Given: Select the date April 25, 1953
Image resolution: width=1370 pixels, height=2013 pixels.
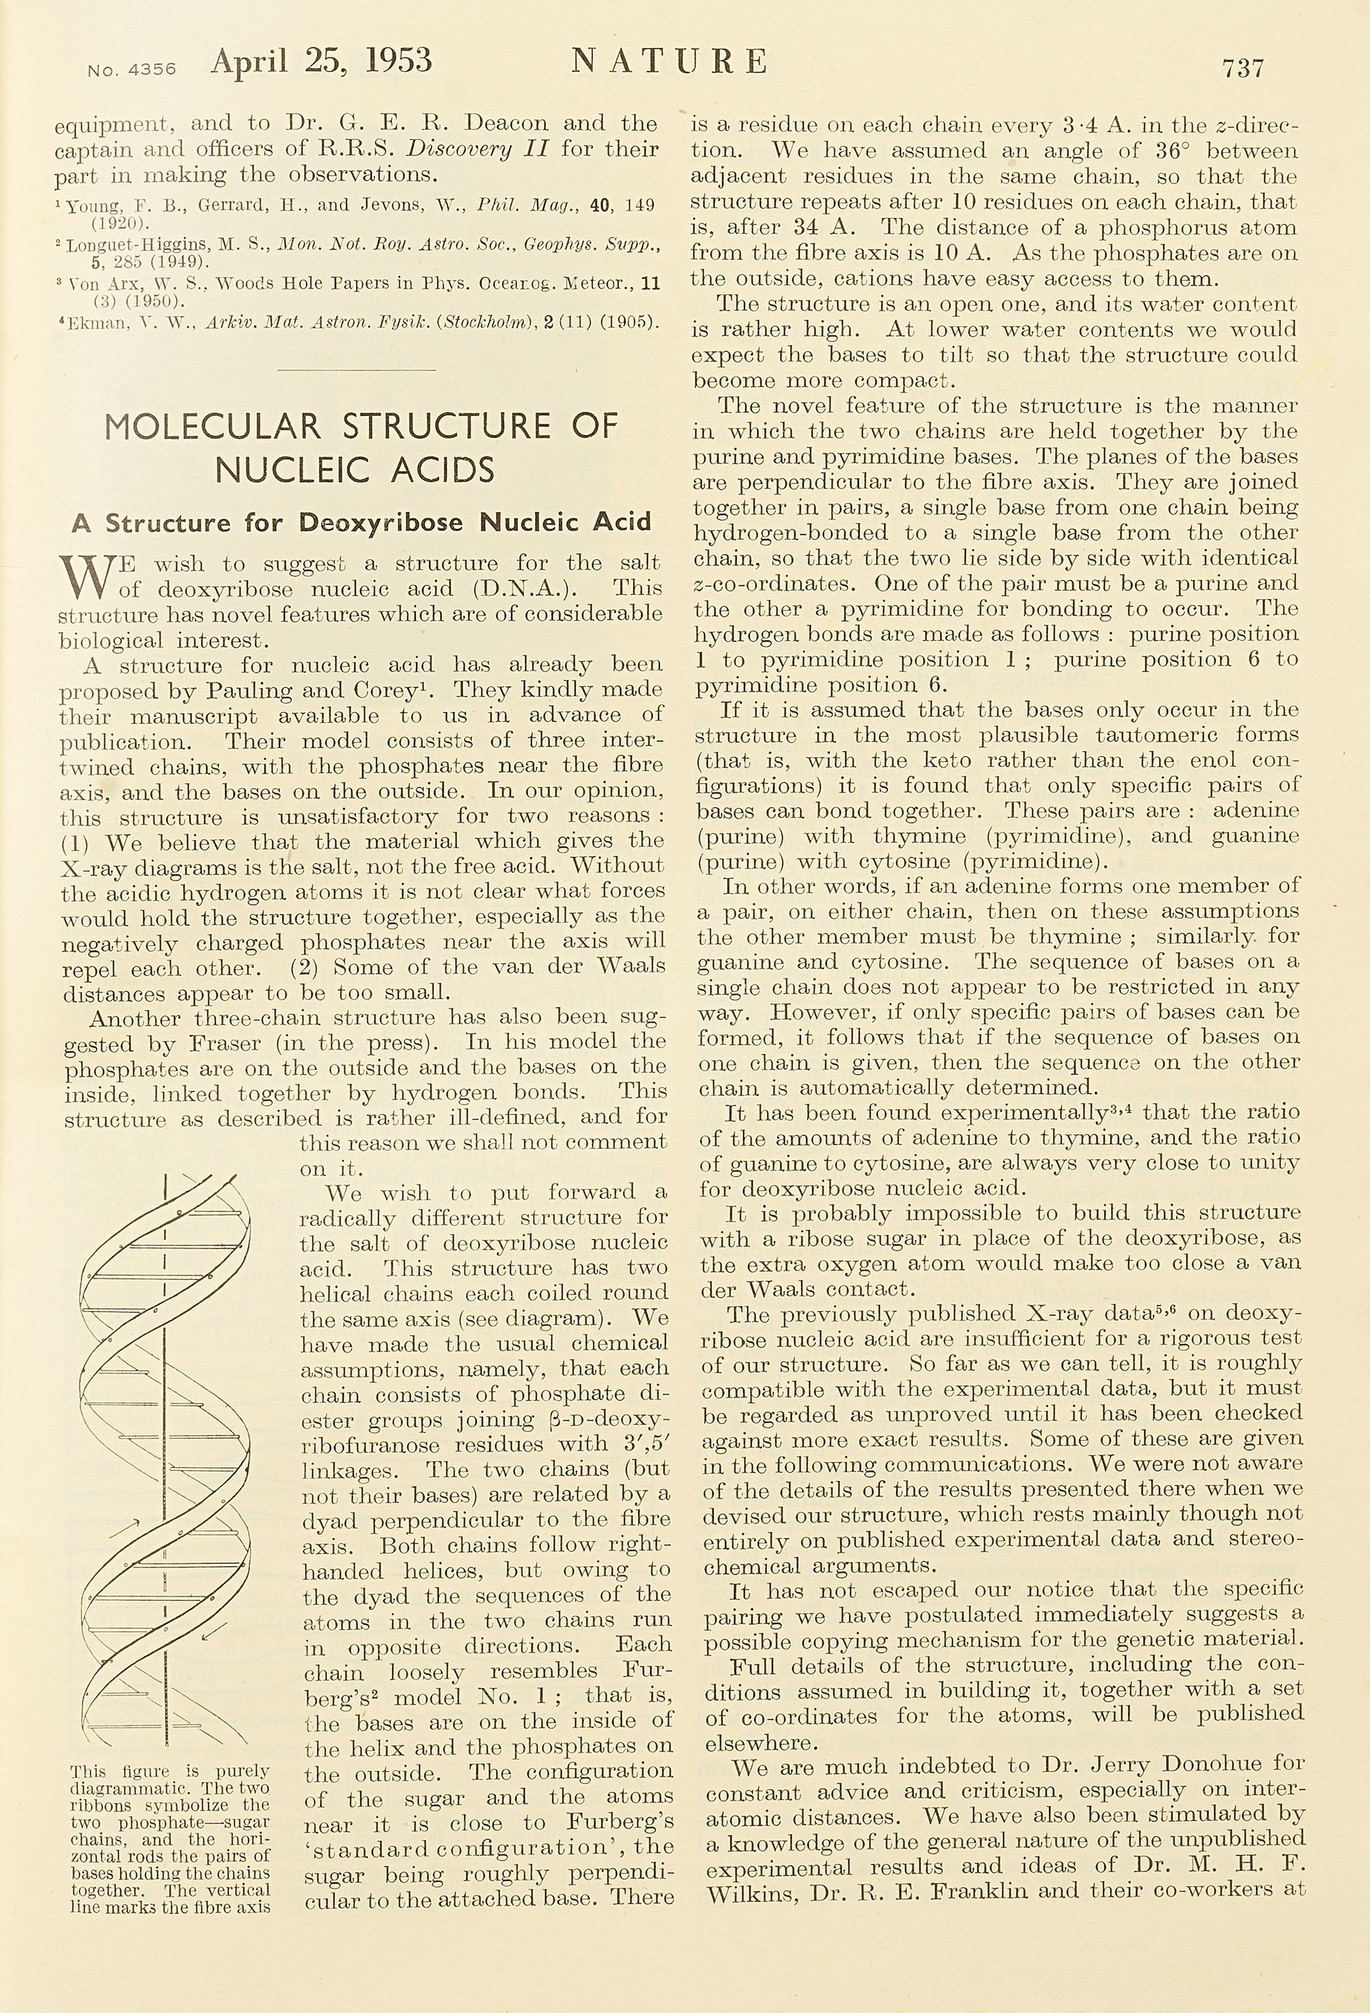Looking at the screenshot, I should [322, 61].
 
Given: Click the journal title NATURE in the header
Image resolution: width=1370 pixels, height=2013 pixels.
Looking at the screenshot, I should [670, 62].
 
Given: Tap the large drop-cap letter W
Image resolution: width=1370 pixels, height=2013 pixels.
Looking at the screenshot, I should [84, 577].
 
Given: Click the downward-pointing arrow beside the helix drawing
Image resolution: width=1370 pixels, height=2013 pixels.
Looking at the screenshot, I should [210, 1632].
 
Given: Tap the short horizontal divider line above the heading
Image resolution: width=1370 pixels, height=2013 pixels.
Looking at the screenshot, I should [355, 370].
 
